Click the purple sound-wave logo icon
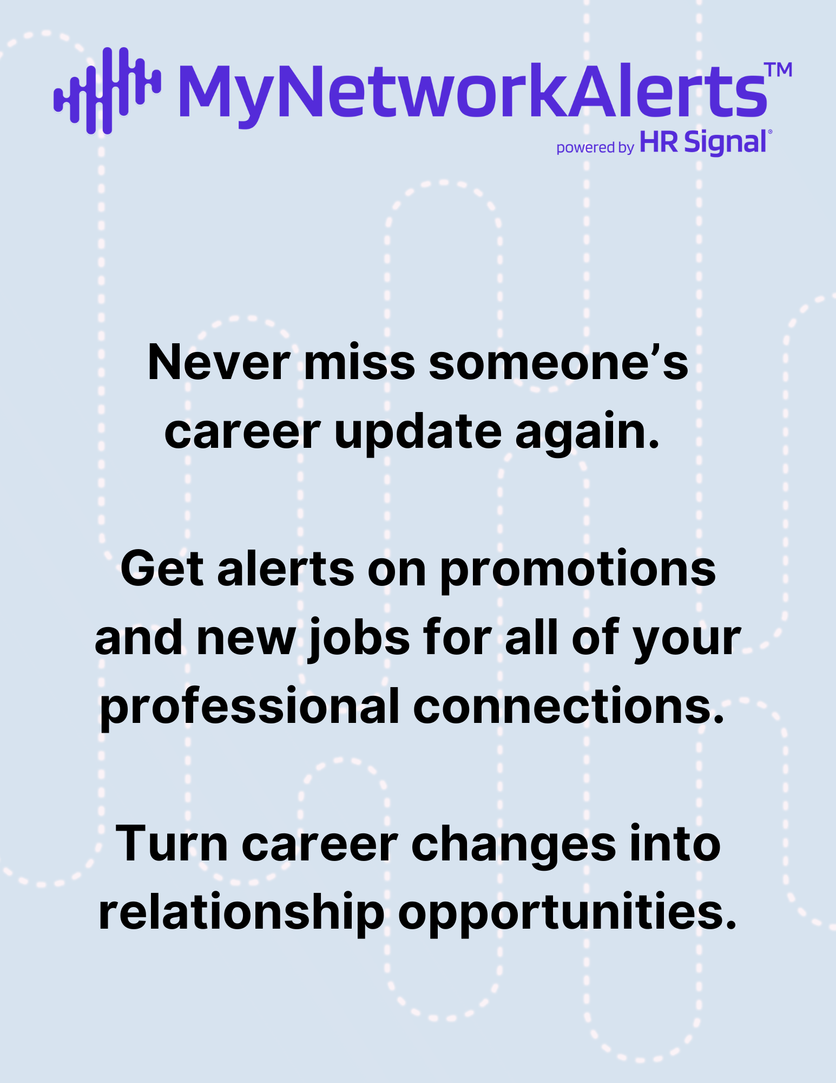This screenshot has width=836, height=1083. (107, 90)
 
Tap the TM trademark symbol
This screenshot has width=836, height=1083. (778, 70)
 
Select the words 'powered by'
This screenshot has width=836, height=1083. (595, 147)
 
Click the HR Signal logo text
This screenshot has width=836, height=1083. (703, 142)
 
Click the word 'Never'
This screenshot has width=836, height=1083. (219, 363)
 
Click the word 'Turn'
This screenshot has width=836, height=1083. (172, 844)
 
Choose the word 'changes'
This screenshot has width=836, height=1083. (514, 846)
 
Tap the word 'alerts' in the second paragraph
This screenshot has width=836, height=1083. (286, 569)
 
